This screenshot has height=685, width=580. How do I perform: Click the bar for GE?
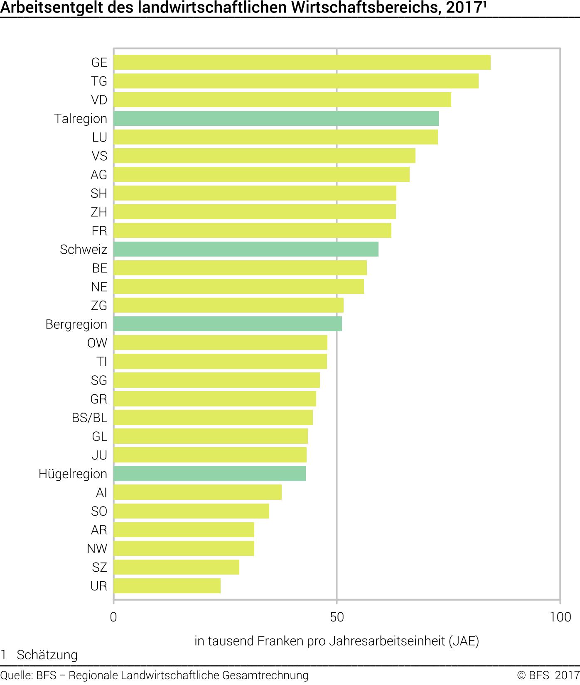(x=302, y=62)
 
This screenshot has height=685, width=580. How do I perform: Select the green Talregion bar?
(x=276, y=118)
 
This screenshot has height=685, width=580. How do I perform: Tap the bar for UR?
(x=167, y=586)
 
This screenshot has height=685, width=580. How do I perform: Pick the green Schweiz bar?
(x=246, y=249)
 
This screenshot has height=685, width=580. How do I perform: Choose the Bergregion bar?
(x=228, y=324)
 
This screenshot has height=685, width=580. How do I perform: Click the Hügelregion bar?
(x=209, y=474)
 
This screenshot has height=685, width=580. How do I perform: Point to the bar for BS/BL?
(x=213, y=418)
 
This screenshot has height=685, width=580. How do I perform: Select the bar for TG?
(x=296, y=81)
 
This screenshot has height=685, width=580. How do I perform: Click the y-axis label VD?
(x=99, y=100)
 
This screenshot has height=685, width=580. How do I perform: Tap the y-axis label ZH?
(x=99, y=212)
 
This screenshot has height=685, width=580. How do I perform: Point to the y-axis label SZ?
(x=99, y=568)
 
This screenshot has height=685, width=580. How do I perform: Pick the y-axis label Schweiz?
(x=84, y=250)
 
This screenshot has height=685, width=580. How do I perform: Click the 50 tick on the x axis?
(x=337, y=617)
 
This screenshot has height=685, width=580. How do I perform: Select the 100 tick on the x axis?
(x=560, y=617)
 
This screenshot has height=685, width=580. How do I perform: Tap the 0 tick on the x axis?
(x=113, y=617)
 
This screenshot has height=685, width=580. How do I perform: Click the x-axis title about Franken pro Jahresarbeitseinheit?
(x=337, y=641)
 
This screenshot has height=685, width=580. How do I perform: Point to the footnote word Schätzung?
(x=47, y=655)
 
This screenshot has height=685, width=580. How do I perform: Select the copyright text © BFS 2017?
(x=548, y=675)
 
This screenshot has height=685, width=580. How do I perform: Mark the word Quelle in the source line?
(x=16, y=675)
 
